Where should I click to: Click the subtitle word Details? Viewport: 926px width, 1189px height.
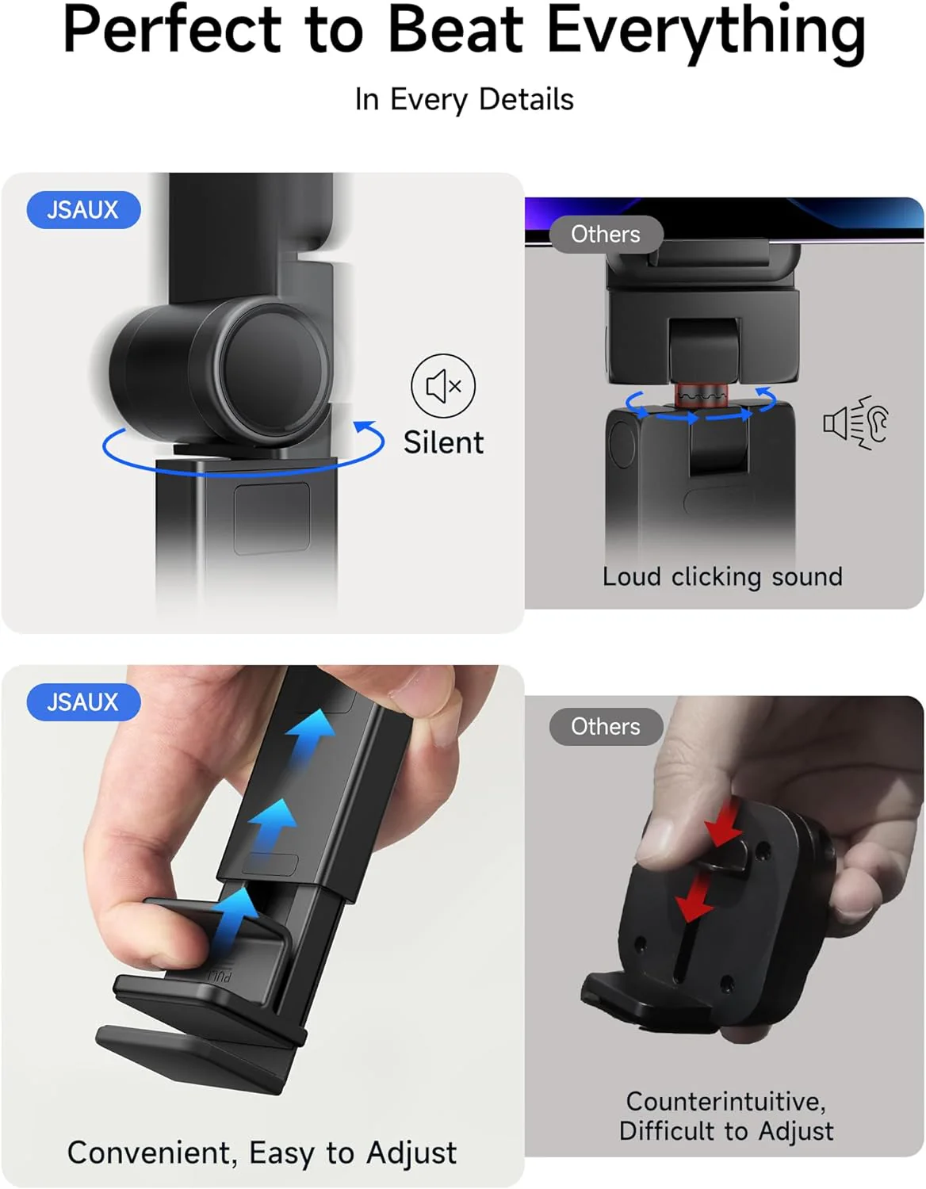pos(526,100)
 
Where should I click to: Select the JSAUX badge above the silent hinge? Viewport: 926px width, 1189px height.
pos(83,210)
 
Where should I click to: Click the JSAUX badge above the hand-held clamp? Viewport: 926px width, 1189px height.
pos(83,702)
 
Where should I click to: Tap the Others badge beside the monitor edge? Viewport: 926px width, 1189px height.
pos(606,235)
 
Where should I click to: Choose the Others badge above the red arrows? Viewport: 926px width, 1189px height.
pos(606,727)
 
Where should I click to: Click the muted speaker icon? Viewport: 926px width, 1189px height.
pos(443,386)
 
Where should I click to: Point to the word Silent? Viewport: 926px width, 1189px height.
pos(443,442)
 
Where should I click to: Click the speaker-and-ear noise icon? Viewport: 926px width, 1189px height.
pos(856,422)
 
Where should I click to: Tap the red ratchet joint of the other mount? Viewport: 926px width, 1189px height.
pos(701,394)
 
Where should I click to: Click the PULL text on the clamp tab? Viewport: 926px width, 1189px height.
pos(219,977)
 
